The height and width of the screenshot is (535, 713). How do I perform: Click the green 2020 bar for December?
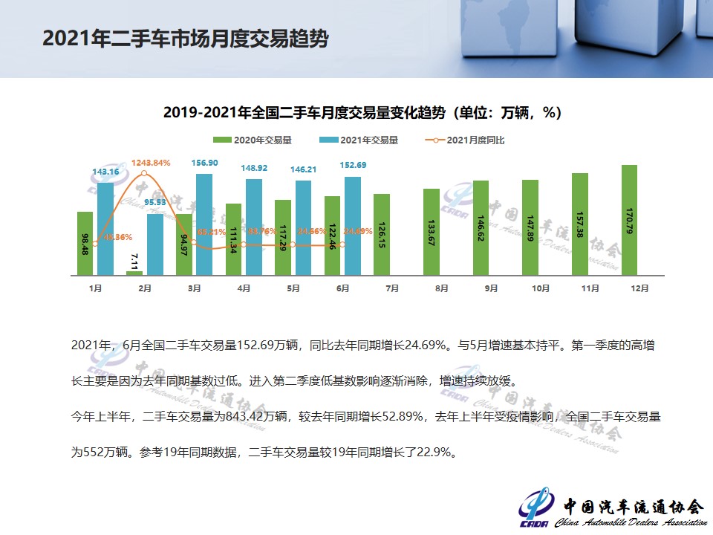tap(629, 220)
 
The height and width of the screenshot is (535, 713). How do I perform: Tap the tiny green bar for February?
tap(134, 273)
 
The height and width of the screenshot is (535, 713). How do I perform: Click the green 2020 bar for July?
tap(382, 235)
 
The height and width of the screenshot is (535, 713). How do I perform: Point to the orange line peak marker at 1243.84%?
tap(144, 173)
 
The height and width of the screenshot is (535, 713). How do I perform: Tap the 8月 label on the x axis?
tap(441, 288)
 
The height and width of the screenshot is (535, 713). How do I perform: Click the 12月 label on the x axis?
tap(639, 288)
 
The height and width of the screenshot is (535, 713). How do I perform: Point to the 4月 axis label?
tap(244, 288)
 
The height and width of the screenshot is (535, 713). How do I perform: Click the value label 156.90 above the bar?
tap(204, 163)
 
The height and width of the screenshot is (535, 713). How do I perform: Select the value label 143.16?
tap(105, 172)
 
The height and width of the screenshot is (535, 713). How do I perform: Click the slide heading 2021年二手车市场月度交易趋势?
tap(185, 39)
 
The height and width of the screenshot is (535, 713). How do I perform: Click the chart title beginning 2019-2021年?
tap(362, 113)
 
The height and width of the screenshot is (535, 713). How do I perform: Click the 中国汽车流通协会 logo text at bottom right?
tap(632, 507)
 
